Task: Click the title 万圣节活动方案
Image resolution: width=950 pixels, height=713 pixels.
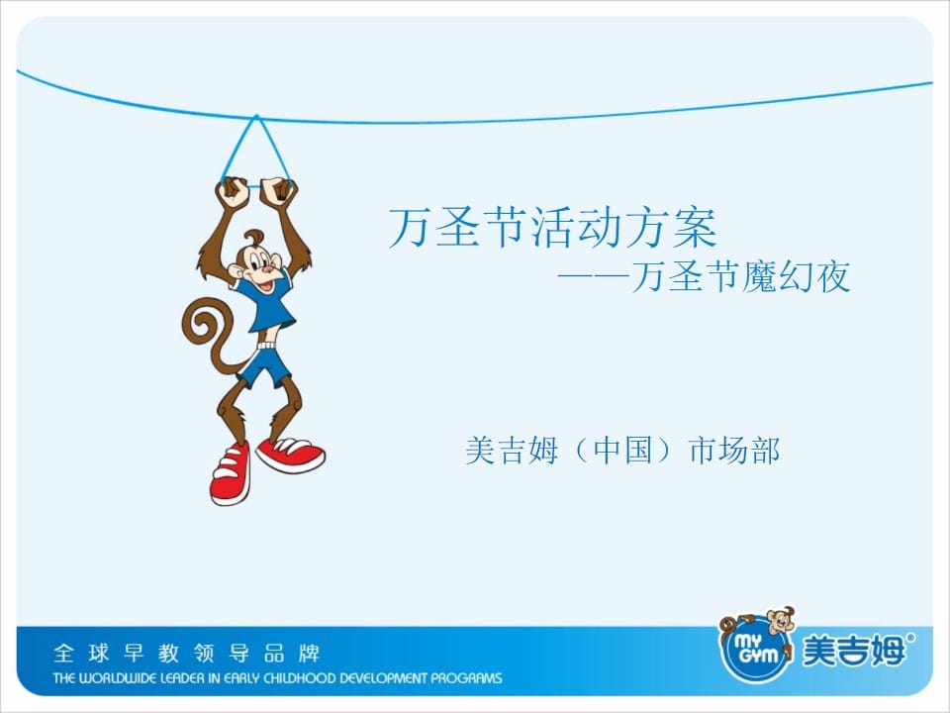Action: click(552, 228)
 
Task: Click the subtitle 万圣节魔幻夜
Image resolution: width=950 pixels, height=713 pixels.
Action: click(741, 277)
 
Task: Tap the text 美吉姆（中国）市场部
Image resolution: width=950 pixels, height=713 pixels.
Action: click(622, 452)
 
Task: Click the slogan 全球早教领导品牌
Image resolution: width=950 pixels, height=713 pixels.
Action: click(187, 653)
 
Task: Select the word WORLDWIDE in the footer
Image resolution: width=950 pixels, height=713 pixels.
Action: click(115, 677)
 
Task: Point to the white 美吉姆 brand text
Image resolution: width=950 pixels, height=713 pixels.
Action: click(854, 651)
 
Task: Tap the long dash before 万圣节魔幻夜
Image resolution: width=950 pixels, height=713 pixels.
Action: click(593, 277)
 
